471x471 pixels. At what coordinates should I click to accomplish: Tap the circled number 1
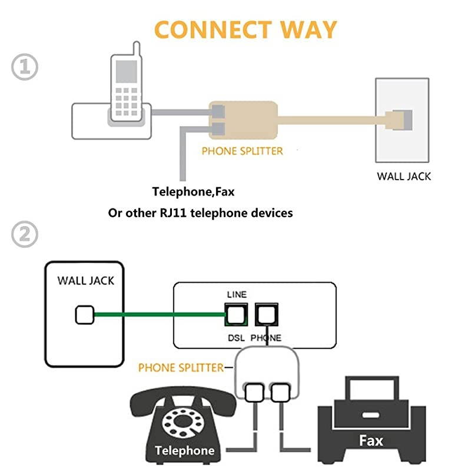(x=25, y=68)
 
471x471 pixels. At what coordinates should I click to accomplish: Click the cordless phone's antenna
(x=136, y=49)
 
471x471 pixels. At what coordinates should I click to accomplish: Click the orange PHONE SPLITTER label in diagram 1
(x=242, y=151)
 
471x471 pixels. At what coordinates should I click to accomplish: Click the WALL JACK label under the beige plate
(x=404, y=176)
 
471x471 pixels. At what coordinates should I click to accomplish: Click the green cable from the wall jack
(x=159, y=315)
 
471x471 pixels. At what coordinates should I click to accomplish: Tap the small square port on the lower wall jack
(x=84, y=316)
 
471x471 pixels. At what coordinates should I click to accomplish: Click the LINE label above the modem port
(x=237, y=294)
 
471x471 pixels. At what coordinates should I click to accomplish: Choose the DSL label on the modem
(x=236, y=338)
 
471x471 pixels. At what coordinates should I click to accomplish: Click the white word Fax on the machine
(x=372, y=440)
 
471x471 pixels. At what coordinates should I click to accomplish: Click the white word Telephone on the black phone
(x=184, y=451)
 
